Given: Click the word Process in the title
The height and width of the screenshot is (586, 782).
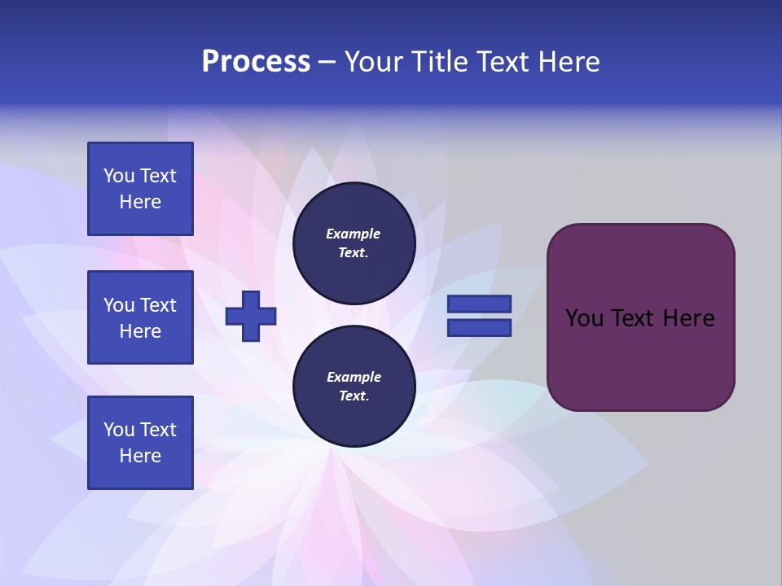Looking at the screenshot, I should click(x=256, y=62).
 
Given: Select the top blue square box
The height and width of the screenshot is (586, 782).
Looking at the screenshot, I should click(x=140, y=189).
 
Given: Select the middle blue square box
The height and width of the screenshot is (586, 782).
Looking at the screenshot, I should click(x=140, y=317).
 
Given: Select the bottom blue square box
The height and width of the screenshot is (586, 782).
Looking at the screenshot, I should click(x=140, y=443).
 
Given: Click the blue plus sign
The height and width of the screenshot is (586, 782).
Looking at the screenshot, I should click(x=251, y=316).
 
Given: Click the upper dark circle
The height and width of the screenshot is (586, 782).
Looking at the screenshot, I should click(x=354, y=243).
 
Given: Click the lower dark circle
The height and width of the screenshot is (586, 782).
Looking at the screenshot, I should click(x=354, y=387).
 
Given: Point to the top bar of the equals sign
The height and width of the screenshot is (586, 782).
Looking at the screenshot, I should click(x=479, y=304).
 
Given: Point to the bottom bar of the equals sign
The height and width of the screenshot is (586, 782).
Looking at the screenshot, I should click(x=479, y=328).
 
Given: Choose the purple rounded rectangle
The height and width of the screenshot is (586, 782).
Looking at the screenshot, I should click(x=640, y=358).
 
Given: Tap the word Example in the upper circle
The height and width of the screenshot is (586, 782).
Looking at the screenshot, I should click(x=353, y=234).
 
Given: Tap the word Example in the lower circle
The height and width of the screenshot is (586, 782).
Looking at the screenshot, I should click(x=354, y=378).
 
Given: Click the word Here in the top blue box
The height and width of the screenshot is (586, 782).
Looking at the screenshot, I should click(x=140, y=202).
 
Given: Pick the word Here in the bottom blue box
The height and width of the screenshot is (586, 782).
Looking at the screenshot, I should click(x=140, y=456).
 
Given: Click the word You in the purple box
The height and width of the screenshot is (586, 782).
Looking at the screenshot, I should click(x=584, y=318).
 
